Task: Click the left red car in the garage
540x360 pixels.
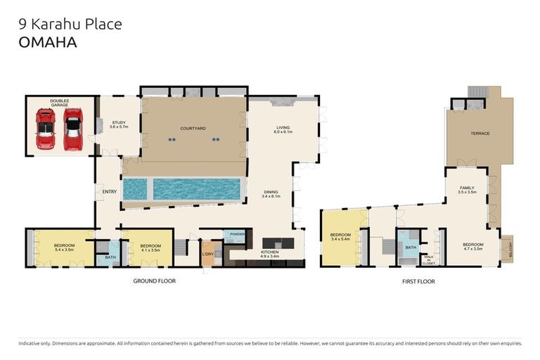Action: pos(46,131)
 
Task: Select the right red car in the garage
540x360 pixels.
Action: pos(73,130)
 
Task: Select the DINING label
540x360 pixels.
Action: pos(271,193)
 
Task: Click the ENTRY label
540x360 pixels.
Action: pos(109,191)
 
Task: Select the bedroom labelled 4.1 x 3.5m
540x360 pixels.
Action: pos(149,247)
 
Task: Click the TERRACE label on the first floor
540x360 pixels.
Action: pos(480,134)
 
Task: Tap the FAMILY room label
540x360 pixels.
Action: pos(467,190)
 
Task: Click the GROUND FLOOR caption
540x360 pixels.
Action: pos(154,281)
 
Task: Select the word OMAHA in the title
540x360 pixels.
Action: pos(48,41)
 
